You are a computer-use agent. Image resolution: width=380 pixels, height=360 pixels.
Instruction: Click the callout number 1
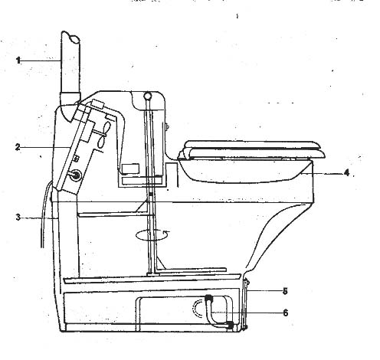(x=18, y=61)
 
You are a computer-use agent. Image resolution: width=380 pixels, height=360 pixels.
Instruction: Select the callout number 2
(x=18, y=147)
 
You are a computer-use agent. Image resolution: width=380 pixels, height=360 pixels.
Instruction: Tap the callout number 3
(x=18, y=218)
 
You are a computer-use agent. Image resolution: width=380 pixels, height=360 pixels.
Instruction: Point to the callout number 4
(x=346, y=173)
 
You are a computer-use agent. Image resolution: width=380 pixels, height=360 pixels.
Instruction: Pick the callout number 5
(x=285, y=291)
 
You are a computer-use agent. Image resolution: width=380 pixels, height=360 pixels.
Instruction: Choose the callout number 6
(x=285, y=313)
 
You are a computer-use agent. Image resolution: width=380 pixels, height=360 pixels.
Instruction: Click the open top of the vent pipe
(x=74, y=39)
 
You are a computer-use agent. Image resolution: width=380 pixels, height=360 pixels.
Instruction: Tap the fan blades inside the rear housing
(x=104, y=135)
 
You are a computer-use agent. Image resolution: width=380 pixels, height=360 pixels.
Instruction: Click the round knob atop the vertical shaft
(x=148, y=96)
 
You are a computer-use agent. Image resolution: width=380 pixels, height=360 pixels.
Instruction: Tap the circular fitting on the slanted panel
(x=76, y=175)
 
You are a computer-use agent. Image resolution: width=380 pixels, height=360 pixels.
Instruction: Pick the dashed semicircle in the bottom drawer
(x=195, y=309)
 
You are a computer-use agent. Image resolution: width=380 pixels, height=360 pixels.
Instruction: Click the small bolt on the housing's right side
(x=168, y=126)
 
